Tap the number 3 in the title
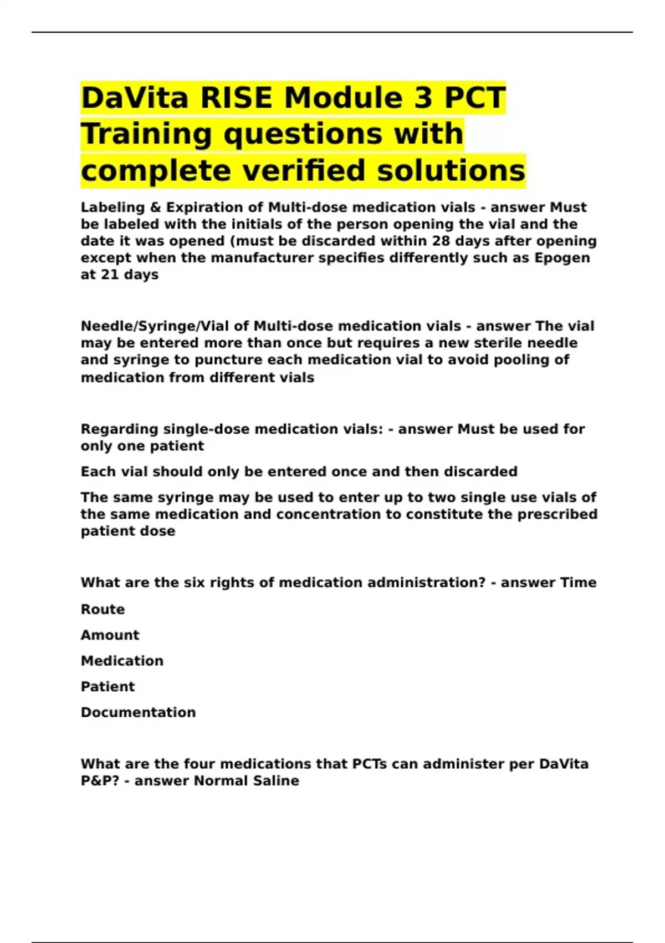[423, 98]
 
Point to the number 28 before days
[441, 241]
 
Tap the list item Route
[103, 609]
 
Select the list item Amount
[110, 635]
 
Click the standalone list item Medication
[122, 661]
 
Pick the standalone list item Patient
[108, 687]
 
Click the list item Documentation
[138, 712]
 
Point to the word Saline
[276, 781]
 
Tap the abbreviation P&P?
[100, 781]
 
